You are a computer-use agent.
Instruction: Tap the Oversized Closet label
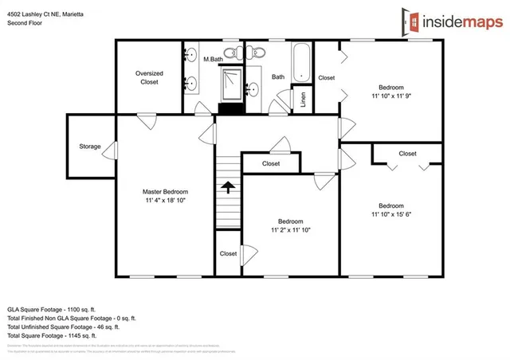click(148, 76)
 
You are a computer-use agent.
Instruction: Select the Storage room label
click(90, 147)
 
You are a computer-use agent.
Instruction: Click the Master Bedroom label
click(166, 192)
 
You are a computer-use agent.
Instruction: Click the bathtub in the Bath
click(302, 63)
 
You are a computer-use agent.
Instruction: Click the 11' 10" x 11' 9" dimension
click(390, 96)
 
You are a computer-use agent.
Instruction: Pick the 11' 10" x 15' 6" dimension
click(390, 213)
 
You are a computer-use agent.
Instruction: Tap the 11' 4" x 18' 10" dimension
click(166, 202)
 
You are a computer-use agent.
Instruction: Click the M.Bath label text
click(212, 59)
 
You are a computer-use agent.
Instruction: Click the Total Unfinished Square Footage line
click(64, 327)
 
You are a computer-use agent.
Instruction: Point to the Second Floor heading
click(25, 23)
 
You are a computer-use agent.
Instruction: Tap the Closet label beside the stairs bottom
click(229, 253)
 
